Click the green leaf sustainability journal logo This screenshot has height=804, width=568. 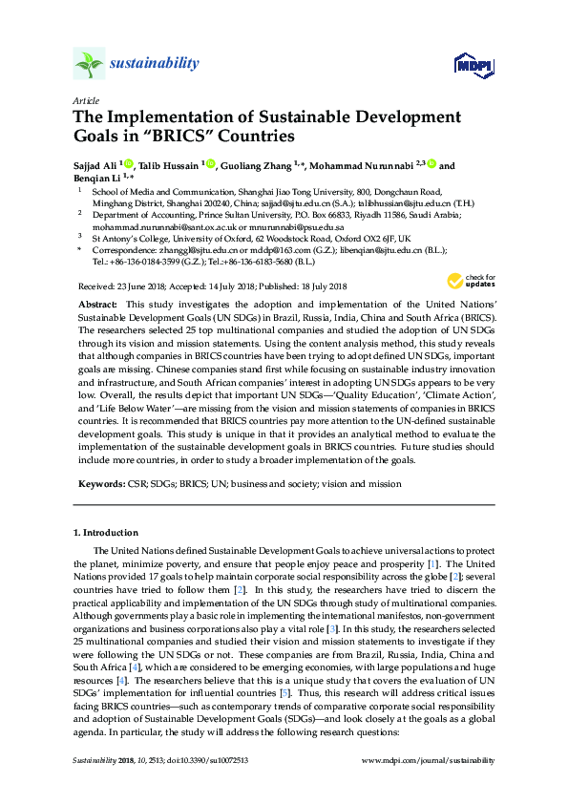[x=89, y=65]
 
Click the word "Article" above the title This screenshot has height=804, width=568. [x=85, y=100]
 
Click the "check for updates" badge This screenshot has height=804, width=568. [x=458, y=280]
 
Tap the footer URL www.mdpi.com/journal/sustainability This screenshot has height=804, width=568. [x=430, y=760]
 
